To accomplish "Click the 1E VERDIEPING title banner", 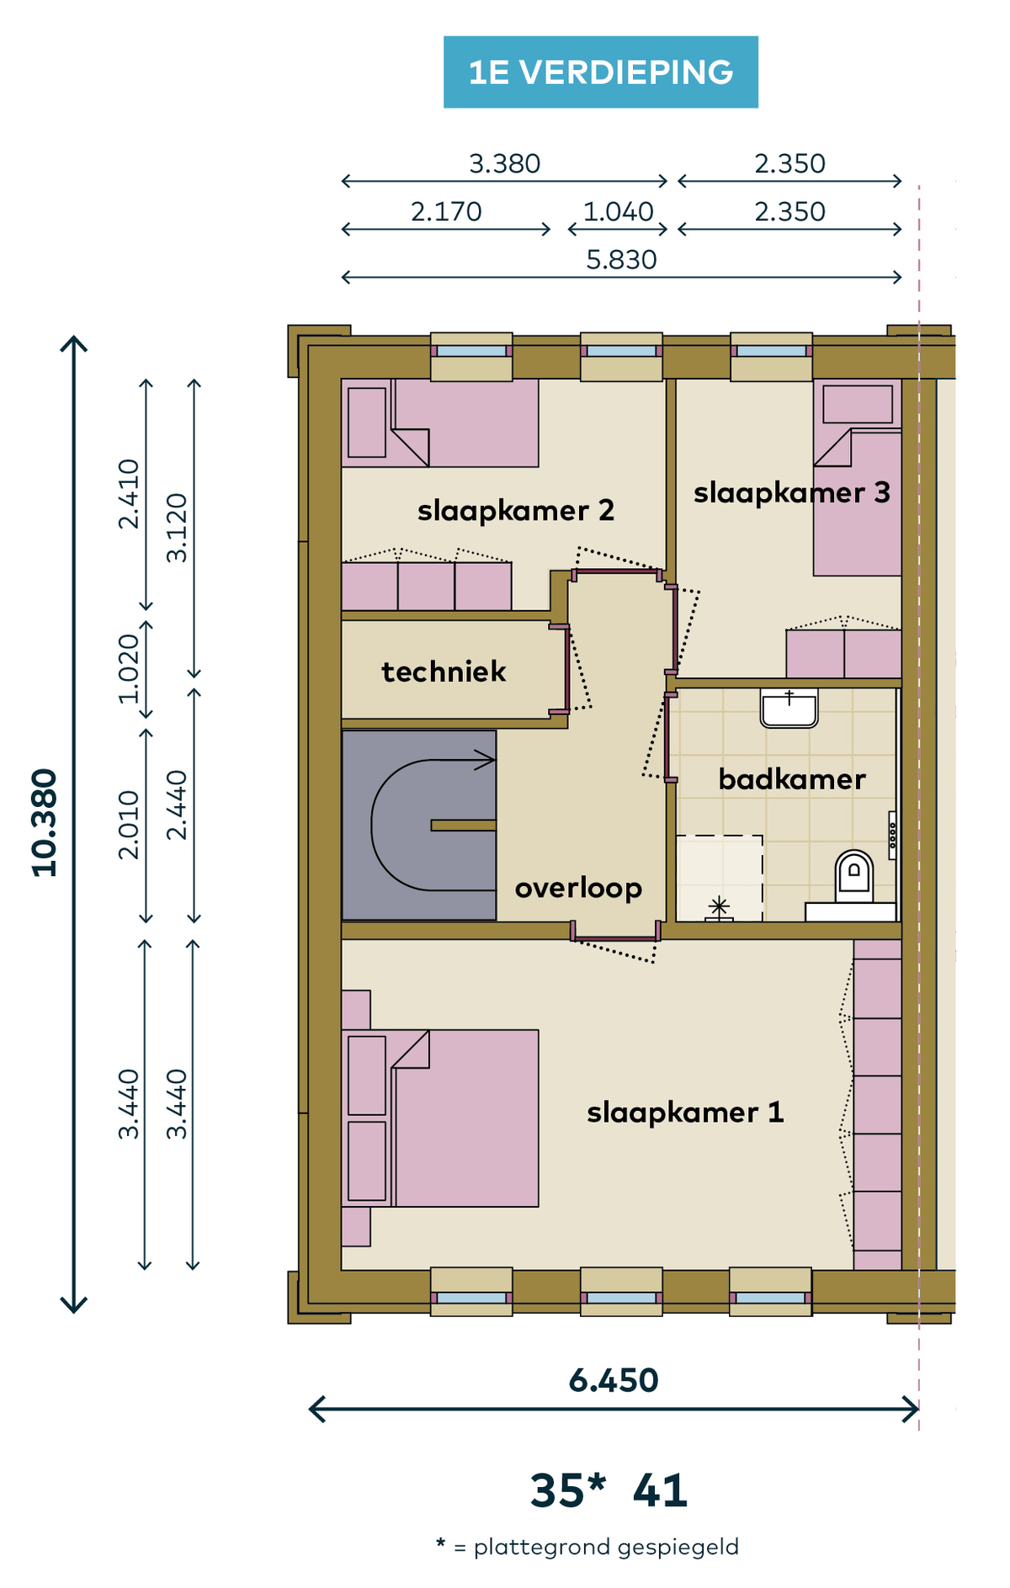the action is tap(600, 72).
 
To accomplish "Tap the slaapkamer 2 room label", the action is tap(516, 511).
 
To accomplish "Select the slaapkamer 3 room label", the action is tap(792, 493).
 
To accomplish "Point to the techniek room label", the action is tap(444, 672).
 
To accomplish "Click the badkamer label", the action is tap(792, 779).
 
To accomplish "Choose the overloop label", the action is tap(578, 889).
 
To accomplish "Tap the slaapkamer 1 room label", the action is tap(685, 1113).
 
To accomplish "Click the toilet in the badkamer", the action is tap(853, 877).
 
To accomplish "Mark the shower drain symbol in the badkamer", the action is tap(719, 908).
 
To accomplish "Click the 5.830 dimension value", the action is tap(621, 260).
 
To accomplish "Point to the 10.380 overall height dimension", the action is tap(45, 823).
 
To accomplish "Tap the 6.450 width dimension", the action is tap(614, 1380).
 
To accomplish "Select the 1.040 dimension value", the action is tap(619, 212).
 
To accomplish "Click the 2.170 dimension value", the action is tap(446, 212).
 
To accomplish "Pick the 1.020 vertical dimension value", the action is tap(128, 669).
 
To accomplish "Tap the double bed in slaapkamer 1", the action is tap(440, 1118).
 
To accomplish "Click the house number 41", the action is tap(660, 1490).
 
